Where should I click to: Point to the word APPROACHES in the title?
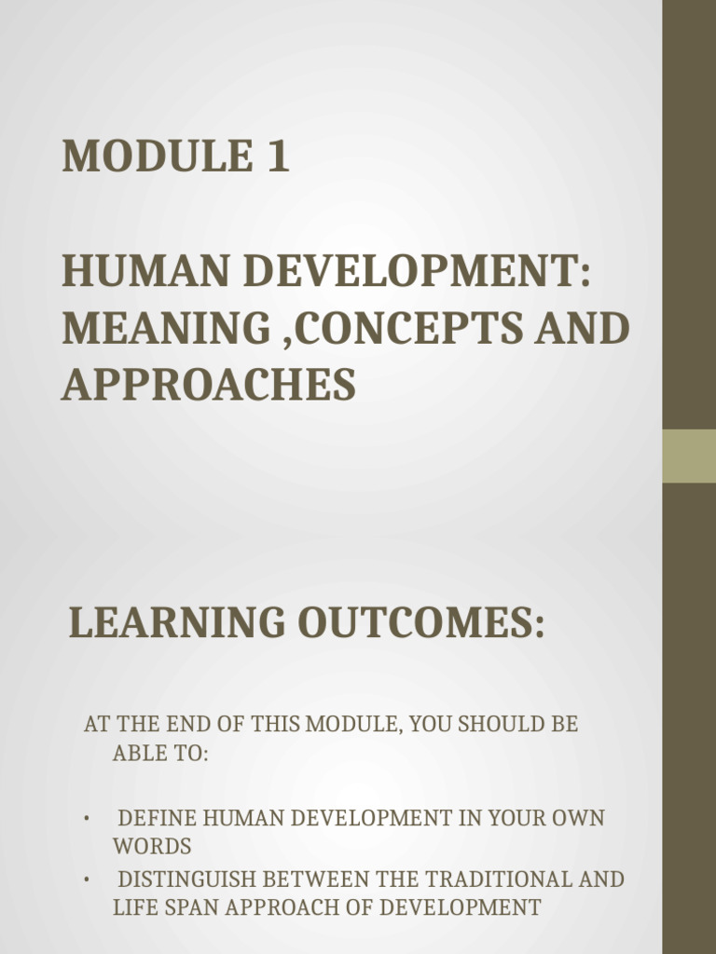coord(209,384)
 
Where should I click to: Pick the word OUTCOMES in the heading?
coord(420,623)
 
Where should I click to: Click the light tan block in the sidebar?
coord(689,456)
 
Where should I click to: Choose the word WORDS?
coord(152,847)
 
